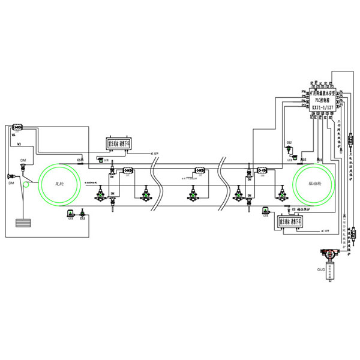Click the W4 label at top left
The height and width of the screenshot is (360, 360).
click(x=14, y=136)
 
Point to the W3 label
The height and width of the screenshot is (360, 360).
click(x=19, y=145)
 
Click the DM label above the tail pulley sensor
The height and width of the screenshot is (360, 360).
click(x=23, y=161)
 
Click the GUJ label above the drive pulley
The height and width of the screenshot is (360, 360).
click(x=289, y=143)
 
